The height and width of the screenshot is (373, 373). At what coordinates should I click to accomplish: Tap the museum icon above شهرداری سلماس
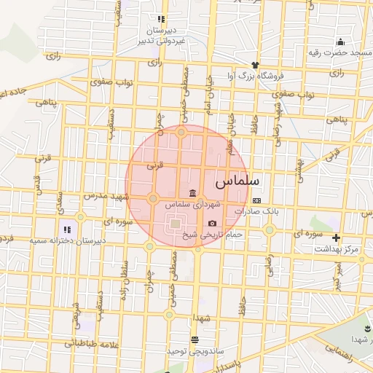[192, 193]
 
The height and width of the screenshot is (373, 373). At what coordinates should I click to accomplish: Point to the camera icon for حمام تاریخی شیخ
[212, 224]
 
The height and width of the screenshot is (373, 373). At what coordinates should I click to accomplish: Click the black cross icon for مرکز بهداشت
[336, 237]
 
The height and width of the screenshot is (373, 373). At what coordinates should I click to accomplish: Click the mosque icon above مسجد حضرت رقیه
[340, 42]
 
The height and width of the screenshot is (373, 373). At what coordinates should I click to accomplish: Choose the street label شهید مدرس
[110, 197]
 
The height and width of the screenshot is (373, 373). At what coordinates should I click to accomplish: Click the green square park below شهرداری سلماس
[175, 224]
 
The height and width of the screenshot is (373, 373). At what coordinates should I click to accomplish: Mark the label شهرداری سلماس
[183, 205]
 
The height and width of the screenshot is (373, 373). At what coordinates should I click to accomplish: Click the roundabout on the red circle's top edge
[181, 132]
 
